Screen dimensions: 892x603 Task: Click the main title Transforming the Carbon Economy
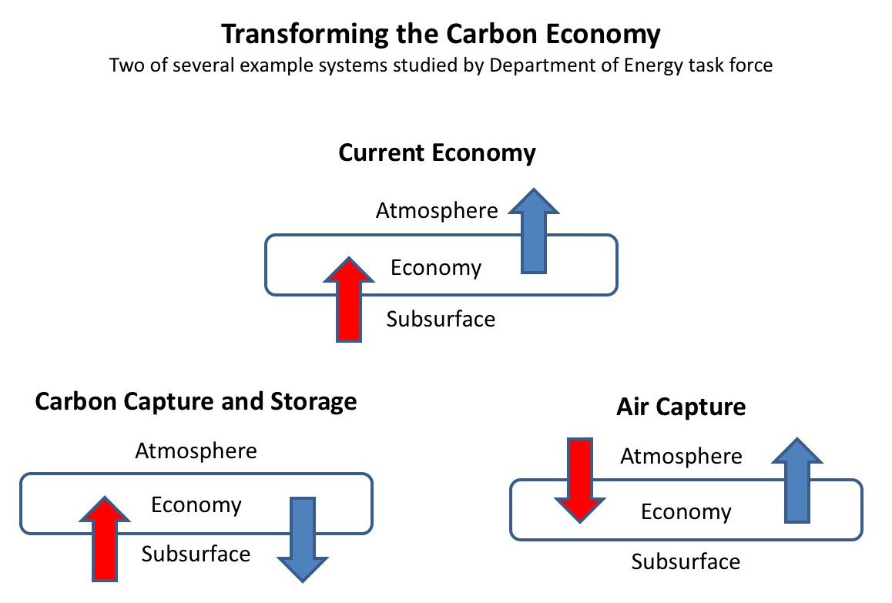click(441, 34)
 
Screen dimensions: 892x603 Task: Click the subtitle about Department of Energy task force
click(441, 65)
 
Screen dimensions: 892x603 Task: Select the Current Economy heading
click(437, 153)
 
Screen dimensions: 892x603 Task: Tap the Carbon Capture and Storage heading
click(196, 402)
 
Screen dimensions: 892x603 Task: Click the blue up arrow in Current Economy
click(534, 231)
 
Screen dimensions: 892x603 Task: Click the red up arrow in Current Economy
click(349, 300)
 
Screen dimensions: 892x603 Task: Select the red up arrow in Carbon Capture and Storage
click(105, 539)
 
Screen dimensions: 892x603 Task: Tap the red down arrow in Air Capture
click(580, 480)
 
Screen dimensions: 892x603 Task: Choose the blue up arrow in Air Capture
click(797, 480)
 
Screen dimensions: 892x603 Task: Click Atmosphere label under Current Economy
click(437, 211)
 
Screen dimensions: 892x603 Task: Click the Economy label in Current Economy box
click(436, 268)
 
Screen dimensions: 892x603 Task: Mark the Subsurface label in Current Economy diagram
click(441, 319)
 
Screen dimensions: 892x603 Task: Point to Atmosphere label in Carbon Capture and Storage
click(196, 451)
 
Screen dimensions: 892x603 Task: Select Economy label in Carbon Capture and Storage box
click(196, 505)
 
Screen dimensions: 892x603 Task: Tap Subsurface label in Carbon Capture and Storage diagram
click(196, 554)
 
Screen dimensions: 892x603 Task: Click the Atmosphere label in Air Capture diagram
click(681, 456)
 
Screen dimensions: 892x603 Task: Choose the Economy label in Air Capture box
click(686, 512)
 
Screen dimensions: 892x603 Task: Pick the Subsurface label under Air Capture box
click(686, 562)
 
